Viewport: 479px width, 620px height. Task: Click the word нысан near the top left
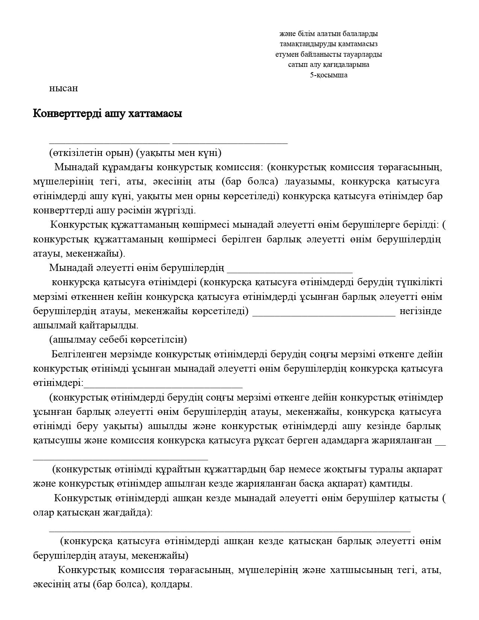coord(63,89)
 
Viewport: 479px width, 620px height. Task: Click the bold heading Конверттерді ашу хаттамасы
coord(107,113)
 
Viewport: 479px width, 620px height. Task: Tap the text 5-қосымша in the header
coord(328,75)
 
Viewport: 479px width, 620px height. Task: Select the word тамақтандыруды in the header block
coord(305,44)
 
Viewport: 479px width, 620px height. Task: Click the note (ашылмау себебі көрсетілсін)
coord(118,340)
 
